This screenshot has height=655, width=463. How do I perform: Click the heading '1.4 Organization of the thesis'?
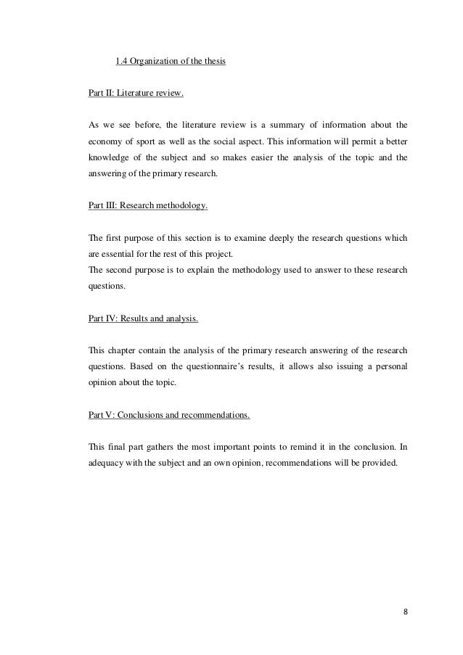171,60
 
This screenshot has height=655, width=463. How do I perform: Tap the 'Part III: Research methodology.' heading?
147,205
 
